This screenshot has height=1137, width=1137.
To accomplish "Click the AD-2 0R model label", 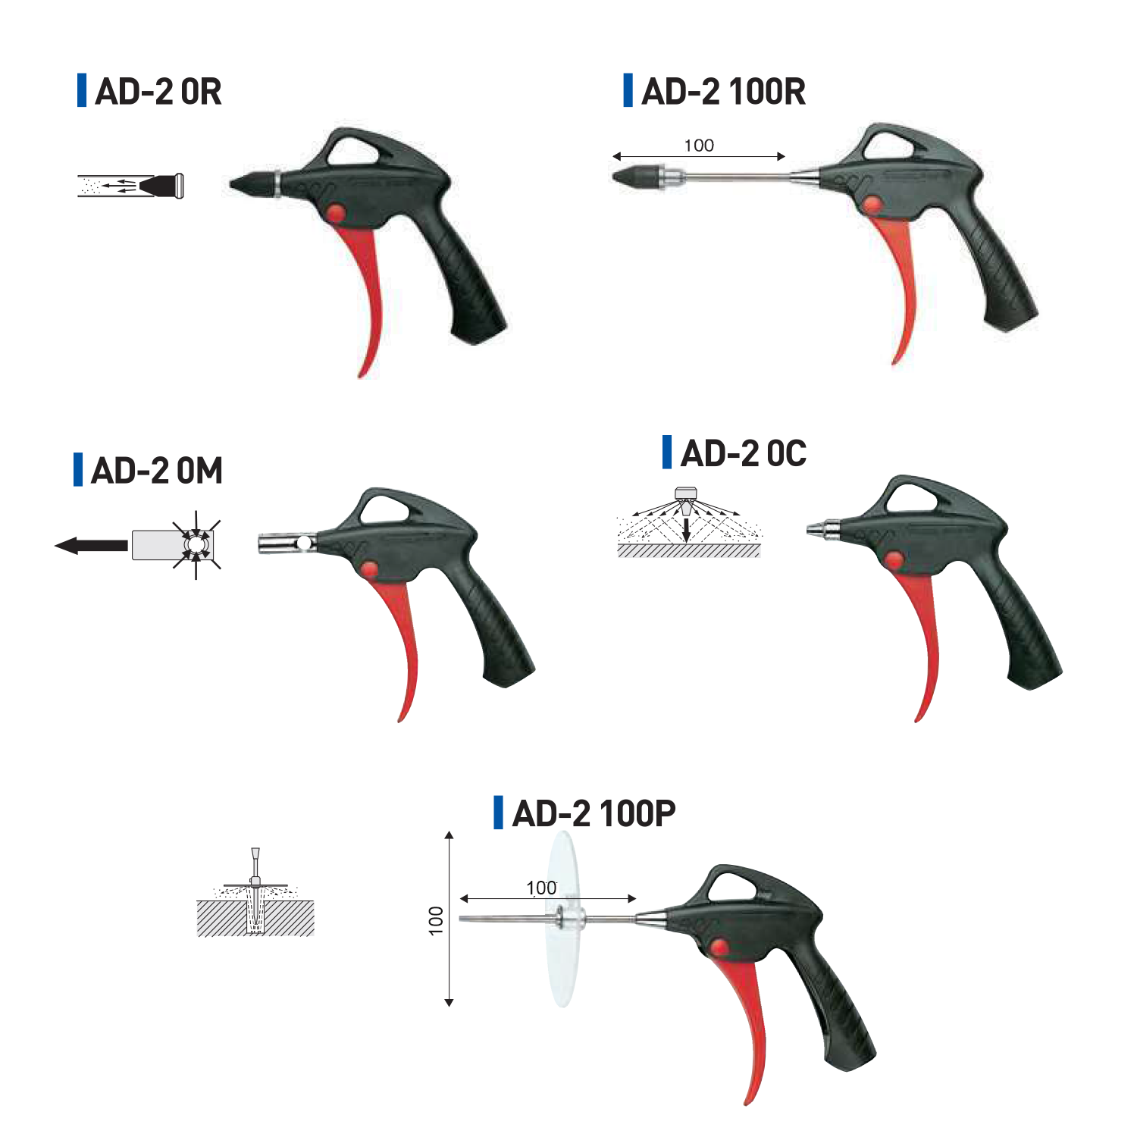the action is [x=158, y=92].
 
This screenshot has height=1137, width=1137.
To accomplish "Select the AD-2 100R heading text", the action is [x=723, y=92].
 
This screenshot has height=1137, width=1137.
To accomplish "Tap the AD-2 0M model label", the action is [x=157, y=471].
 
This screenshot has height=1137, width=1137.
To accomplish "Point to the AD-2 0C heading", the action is [x=744, y=453].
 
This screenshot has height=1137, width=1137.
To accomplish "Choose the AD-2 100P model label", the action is [x=594, y=813].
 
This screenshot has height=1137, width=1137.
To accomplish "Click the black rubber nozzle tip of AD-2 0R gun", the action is [x=252, y=183].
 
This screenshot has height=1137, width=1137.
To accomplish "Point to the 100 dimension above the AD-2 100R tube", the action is [x=699, y=146].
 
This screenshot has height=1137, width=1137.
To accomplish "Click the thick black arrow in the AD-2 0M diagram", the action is [x=92, y=545].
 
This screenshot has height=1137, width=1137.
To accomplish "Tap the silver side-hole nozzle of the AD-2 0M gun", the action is [x=287, y=543].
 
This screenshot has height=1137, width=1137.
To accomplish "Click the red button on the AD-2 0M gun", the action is [x=370, y=569].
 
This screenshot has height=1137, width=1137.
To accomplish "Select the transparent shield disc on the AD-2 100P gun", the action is [x=563, y=919].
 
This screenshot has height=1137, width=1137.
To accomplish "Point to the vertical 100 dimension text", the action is [x=435, y=919].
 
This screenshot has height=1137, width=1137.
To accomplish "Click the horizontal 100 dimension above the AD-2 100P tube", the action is [x=541, y=888].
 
